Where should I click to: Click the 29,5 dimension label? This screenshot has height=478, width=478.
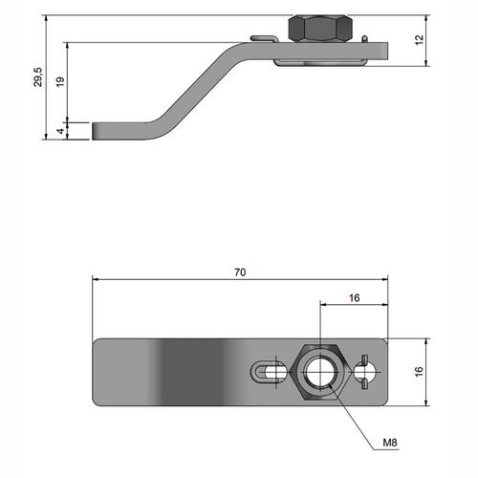coord(38,76)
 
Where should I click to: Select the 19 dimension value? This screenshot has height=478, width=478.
coord(60,81)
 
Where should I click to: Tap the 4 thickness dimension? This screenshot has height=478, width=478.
coord(60,131)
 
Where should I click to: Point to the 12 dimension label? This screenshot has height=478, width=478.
coord(420,39)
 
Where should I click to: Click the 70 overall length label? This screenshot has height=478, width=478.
coord(240,272)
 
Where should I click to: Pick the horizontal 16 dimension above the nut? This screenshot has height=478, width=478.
coord(354,298)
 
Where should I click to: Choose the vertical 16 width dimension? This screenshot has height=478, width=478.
coord(419,372)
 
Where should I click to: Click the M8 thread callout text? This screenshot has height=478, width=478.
coord(390,443)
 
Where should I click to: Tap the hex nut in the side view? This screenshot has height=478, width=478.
coord(320,29)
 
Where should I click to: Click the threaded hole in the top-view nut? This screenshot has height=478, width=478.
coord(320,372)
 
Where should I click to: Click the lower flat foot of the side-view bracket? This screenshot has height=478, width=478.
coord(121,131)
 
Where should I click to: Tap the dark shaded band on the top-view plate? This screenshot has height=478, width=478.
coord(193,372)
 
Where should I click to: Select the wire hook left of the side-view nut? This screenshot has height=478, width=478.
coord(264,38)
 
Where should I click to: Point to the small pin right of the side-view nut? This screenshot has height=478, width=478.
coord(365,39)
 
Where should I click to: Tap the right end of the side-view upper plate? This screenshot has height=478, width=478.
coord(388,51)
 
